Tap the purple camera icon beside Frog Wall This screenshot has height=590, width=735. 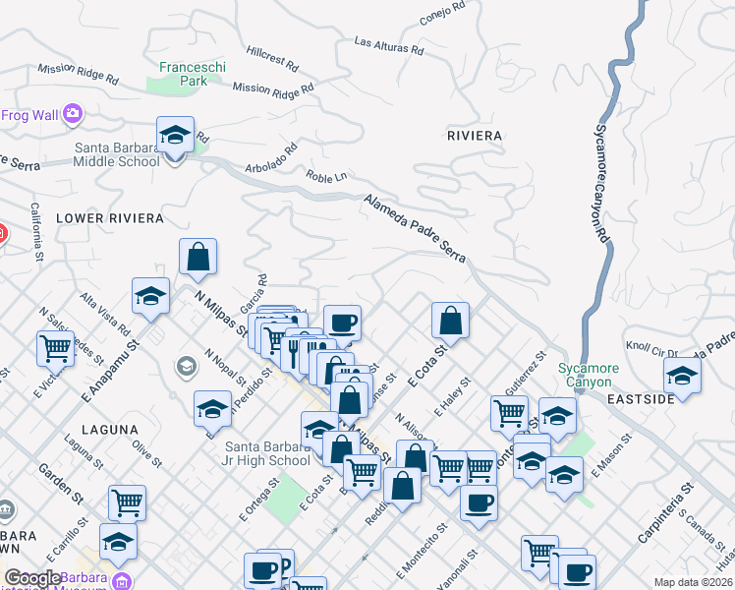pyautogui.click(x=72, y=115)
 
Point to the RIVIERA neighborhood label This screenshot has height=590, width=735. pyautogui.click(x=474, y=135)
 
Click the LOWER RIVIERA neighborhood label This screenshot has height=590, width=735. pyautogui.click(x=108, y=217)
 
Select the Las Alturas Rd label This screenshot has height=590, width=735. pyautogui.click(x=388, y=45)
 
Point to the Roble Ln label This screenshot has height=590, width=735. pyautogui.click(x=326, y=176)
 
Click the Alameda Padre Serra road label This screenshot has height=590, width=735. pyautogui.click(x=413, y=227)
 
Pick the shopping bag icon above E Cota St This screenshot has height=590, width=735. pyautogui.click(x=450, y=320)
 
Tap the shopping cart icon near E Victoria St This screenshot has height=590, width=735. pyautogui.click(x=56, y=347)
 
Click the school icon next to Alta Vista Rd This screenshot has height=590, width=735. pyautogui.click(x=150, y=296)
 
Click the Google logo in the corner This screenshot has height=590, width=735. pyautogui.click(x=31, y=578)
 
